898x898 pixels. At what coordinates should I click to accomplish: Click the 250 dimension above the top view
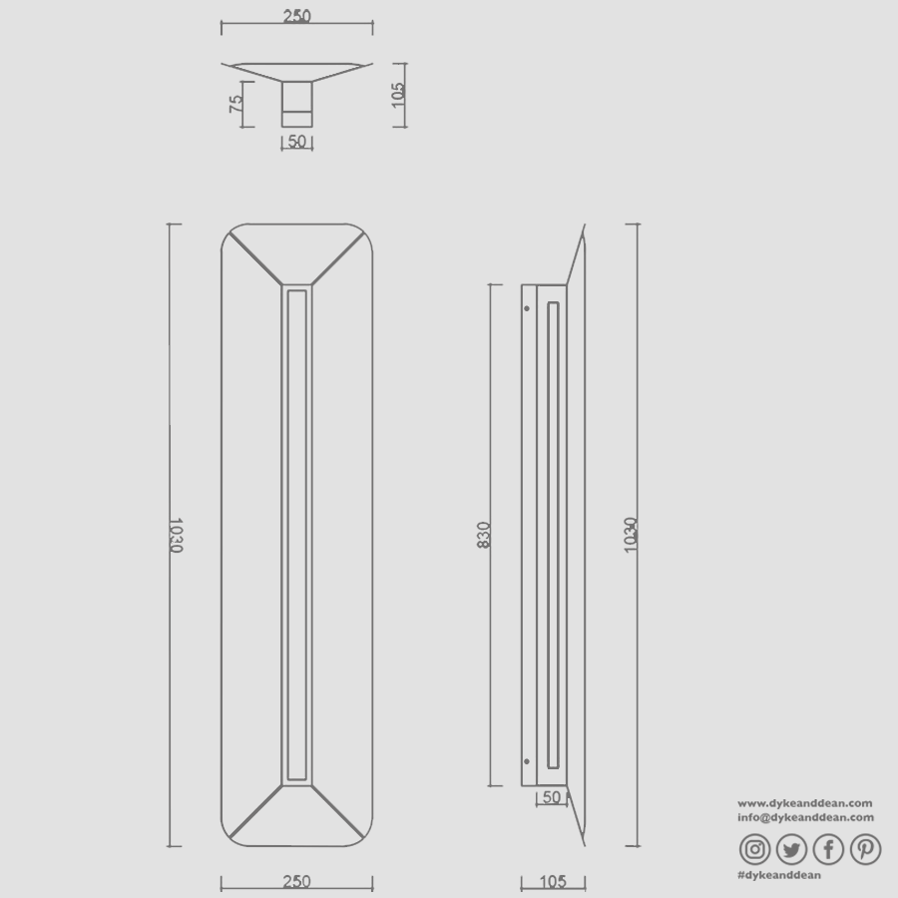297,16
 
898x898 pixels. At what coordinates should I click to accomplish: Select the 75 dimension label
236,105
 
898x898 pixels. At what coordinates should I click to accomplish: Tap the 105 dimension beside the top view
398,95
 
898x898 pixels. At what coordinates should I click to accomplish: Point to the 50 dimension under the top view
297,142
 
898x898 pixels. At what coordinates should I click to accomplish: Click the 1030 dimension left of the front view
176,535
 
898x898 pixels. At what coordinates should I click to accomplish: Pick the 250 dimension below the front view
296,881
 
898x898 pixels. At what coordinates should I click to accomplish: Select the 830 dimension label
484,536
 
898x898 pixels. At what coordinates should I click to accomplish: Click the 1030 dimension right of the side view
631,535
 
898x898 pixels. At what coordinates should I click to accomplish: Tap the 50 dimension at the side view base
550,797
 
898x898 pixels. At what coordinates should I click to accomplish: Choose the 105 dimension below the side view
552,881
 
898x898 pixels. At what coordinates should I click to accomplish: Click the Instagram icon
756,849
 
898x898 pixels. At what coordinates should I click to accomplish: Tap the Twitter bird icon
792,849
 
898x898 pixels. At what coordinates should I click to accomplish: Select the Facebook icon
829,849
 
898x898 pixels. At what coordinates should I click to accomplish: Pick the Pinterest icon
865,849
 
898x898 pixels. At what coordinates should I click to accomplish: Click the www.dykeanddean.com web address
805,802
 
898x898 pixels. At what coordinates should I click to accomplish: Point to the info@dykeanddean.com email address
805,817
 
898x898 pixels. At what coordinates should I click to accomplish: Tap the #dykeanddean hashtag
779,875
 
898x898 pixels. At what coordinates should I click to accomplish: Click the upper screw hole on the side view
527,308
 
